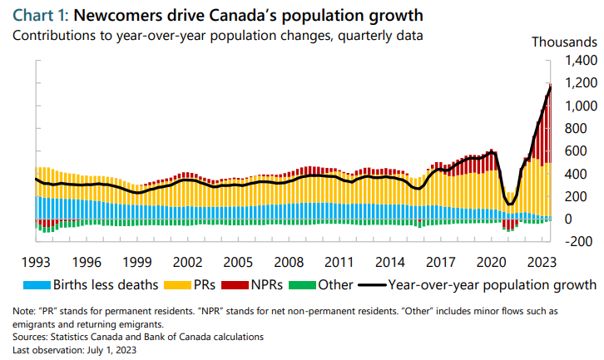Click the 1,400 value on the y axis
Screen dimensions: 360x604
(580, 61)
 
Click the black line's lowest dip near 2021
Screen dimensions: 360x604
(510, 205)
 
